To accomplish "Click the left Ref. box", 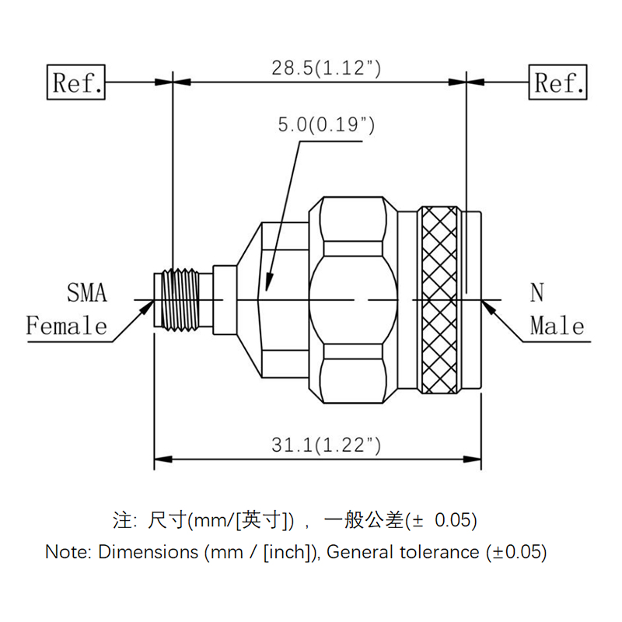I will (x=77, y=82).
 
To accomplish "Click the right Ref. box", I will (x=559, y=82).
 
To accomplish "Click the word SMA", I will (x=86, y=293).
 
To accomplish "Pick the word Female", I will (x=67, y=325).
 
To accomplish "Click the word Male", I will (x=557, y=325).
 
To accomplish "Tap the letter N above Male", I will (x=537, y=293).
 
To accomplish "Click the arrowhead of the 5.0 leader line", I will (x=269, y=283).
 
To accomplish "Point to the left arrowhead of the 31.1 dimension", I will (x=162, y=459).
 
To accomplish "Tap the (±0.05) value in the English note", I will (x=517, y=553).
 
